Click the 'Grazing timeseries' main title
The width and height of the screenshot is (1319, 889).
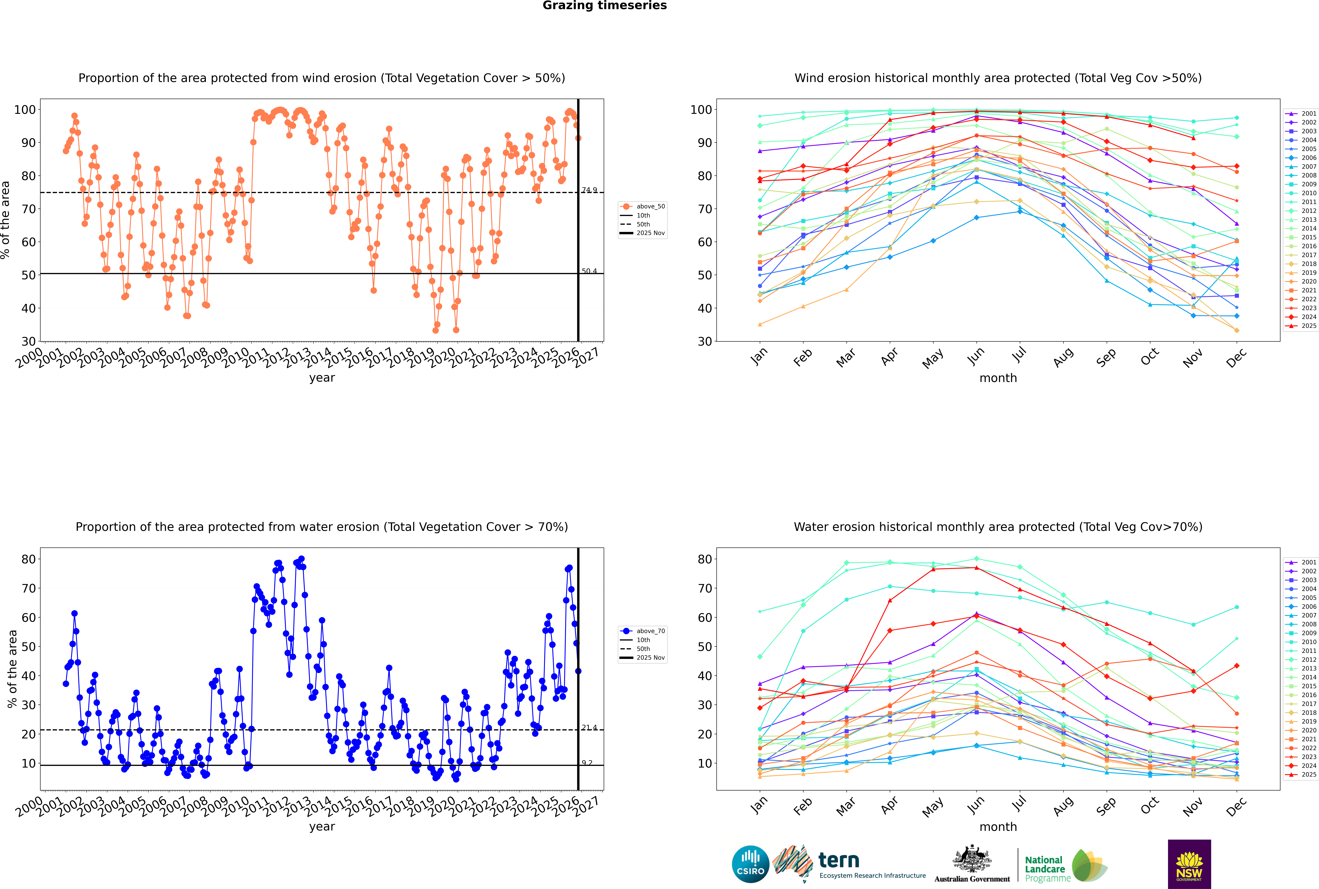(605, 6)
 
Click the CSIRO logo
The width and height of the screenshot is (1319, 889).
(750, 864)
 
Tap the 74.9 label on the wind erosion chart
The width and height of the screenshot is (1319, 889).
(589, 191)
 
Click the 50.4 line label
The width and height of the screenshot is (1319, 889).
(589, 271)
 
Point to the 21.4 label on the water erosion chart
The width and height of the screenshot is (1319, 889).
(589, 727)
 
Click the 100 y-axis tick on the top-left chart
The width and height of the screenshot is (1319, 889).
(25, 109)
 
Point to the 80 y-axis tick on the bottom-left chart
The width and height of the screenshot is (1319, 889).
(28, 559)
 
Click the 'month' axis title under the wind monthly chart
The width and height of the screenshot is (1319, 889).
(998, 378)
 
